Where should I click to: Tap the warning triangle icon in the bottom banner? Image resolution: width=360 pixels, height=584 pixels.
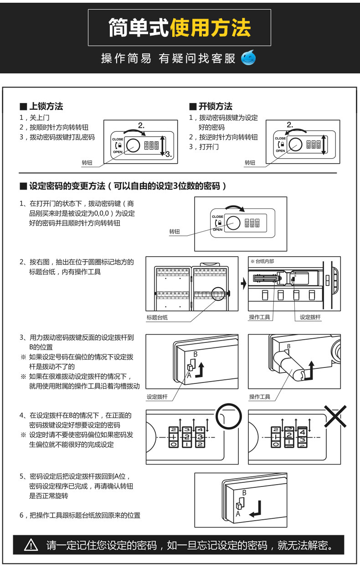[x=31, y=545]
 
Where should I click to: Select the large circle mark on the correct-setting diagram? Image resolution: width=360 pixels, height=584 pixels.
[x=228, y=416]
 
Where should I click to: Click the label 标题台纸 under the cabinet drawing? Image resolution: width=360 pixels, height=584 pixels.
[x=157, y=317]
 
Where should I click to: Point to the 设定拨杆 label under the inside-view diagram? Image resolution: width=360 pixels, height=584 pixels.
[x=310, y=317]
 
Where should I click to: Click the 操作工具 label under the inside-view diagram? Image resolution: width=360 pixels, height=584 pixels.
[x=259, y=317]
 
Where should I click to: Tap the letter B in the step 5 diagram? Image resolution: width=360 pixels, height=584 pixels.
[x=244, y=493]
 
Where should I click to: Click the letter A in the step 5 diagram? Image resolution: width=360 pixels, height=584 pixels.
[x=238, y=513]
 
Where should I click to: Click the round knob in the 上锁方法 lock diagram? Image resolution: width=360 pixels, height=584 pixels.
[x=133, y=145]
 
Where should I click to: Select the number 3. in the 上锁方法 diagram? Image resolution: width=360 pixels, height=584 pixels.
[x=168, y=154]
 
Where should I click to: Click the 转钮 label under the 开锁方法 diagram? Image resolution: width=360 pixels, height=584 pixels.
[x=250, y=162]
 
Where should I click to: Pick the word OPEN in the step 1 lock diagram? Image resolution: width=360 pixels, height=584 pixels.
[x=217, y=230]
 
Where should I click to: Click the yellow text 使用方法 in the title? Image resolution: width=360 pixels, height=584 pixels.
[x=210, y=28]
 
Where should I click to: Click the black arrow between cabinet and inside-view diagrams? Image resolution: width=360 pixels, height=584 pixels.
[x=243, y=283]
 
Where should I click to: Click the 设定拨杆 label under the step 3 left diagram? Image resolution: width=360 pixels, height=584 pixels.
[x=157, y=397]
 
